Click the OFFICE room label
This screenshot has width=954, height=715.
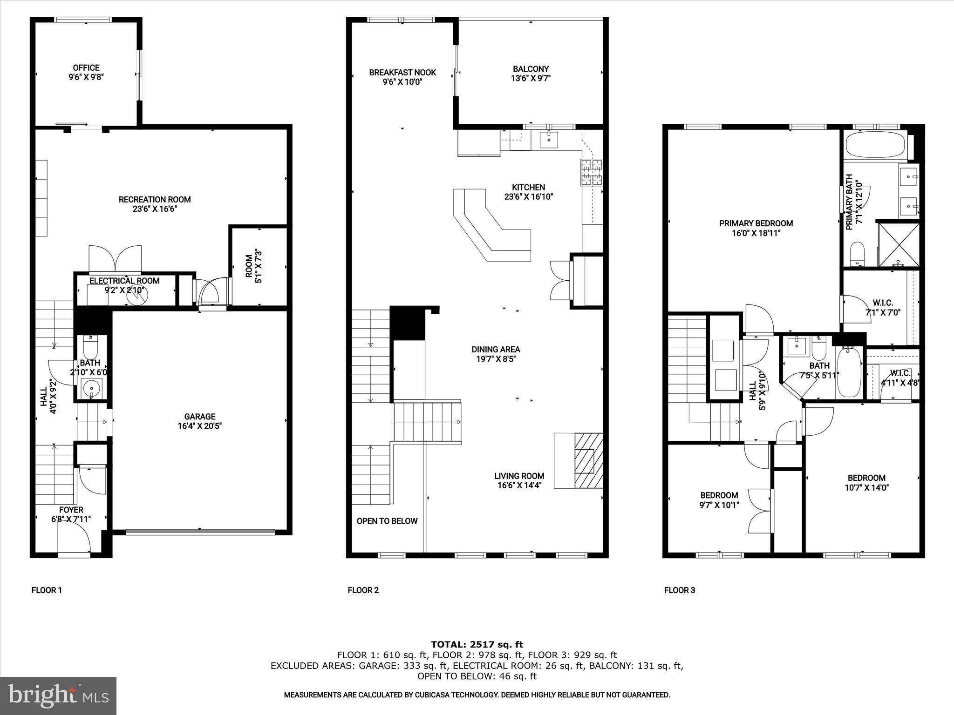click(86, 68)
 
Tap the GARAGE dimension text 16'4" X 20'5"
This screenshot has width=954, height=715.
click(199, 425)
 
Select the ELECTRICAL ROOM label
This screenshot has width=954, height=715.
click(124, 281)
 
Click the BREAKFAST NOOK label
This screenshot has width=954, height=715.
click(402, 73)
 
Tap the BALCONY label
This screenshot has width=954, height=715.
click(531, 69)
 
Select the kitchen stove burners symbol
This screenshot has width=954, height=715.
click(591, 173)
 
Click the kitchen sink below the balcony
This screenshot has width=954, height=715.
click(549, 139)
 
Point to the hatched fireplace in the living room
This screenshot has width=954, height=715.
click(589, 460)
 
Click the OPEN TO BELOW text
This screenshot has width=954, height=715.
click(387, 521)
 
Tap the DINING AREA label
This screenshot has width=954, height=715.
click(496, 349)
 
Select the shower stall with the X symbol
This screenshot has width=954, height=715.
click(899, 245)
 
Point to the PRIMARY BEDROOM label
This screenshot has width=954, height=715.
click(756, 223)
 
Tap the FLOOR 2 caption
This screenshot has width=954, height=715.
click(363, 590)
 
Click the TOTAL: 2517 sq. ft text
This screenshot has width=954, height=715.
click(477, 644)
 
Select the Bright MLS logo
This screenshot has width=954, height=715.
click(58, 695)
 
